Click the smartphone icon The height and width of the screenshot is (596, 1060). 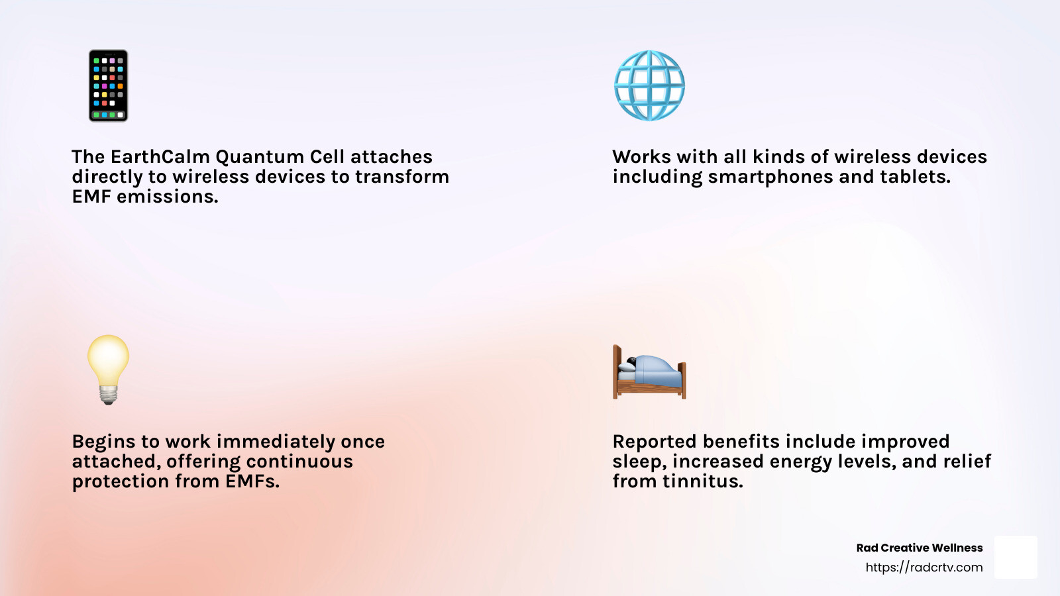(x=109, y=85)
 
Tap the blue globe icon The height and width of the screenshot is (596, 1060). (x=649, y=85)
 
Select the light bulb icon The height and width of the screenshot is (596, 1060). (x=109, y=370)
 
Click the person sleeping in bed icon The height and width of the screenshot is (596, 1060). (x=649, y=372)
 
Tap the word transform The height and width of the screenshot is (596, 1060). (x=402, y=176)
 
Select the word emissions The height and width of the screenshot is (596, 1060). (x=168, y=196)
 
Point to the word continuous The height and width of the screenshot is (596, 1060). (x=299, y=461)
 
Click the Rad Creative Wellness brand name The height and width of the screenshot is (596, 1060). (x=920, y=548)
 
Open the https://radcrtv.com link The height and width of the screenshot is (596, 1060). (x=924, y=567)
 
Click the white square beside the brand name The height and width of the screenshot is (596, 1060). (x=1016, y=557)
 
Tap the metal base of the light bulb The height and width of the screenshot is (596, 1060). (x=109, y=395)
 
